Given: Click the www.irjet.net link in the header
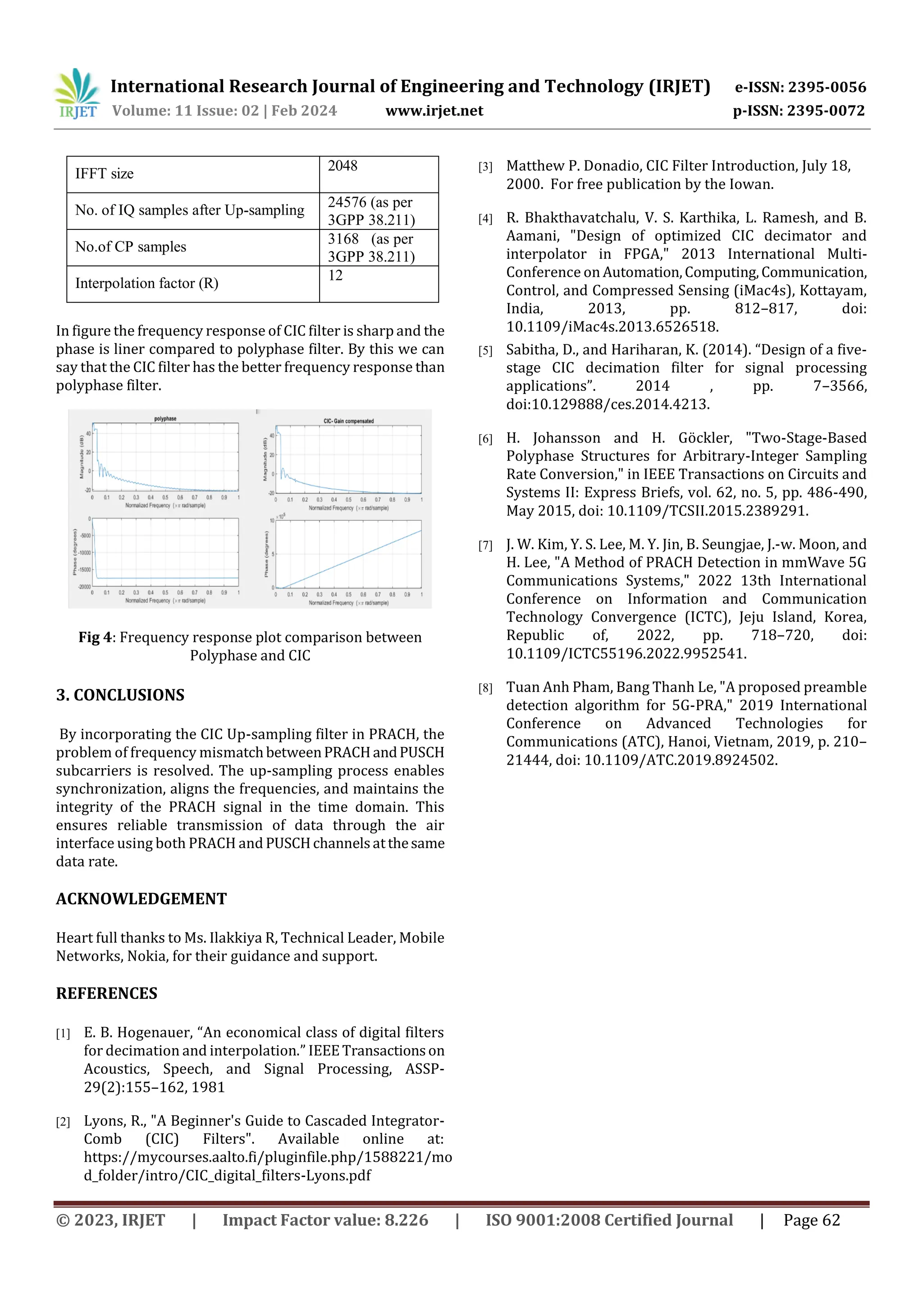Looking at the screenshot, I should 434,111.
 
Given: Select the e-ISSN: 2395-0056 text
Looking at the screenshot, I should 800,87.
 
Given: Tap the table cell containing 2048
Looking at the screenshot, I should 378,174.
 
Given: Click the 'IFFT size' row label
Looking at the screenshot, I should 105,174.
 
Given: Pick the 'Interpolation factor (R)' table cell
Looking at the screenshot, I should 147,283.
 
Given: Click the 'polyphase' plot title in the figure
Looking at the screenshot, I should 165,419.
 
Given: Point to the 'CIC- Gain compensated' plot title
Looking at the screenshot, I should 349,421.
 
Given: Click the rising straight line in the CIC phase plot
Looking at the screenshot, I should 352,559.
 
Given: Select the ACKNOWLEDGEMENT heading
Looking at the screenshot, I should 141,899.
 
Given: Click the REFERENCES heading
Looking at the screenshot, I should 106,993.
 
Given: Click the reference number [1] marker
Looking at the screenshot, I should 63,1034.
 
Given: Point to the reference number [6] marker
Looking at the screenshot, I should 485,439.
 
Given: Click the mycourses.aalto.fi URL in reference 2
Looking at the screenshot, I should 267,1158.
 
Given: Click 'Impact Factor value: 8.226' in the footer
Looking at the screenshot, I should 325,1220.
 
